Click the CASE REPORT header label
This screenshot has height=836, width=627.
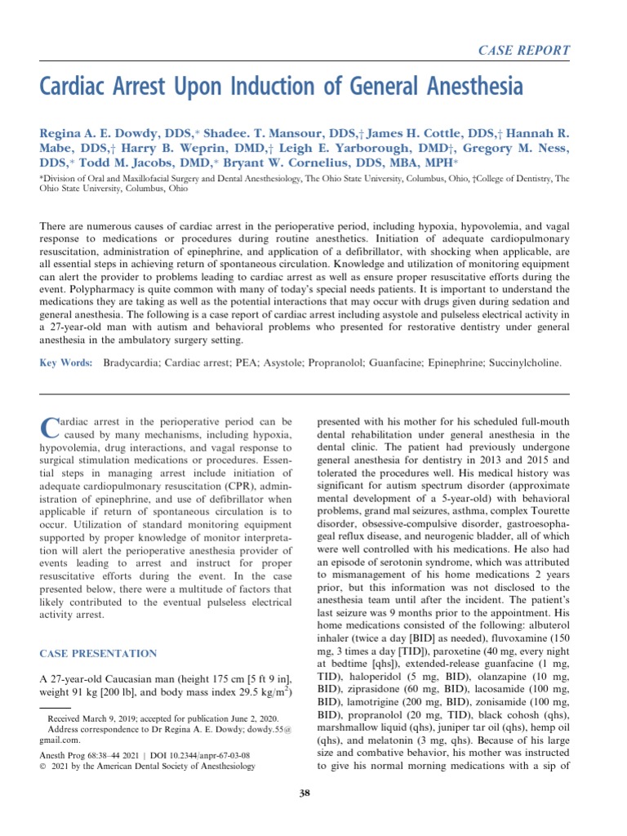523,50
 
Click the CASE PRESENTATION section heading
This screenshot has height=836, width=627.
99,654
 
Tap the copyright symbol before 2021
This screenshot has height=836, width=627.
43,767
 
